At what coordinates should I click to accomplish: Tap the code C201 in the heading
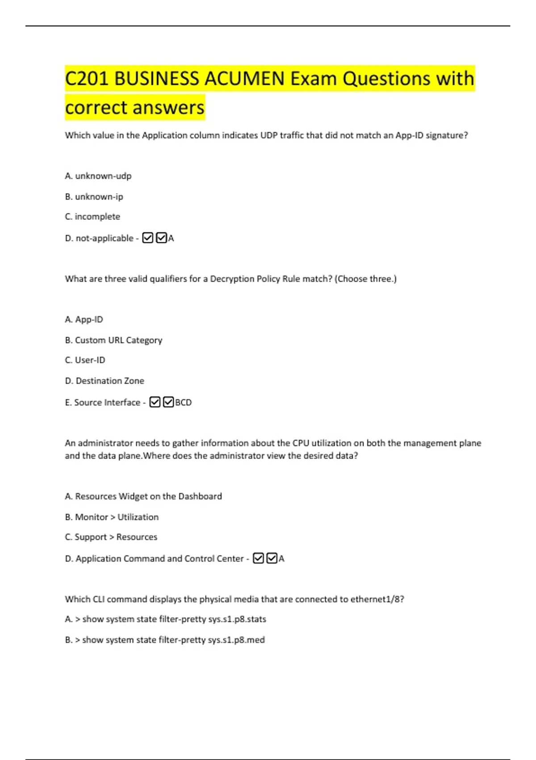click(x=87, y=79)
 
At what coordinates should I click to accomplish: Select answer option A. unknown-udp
click(x=98, y=176)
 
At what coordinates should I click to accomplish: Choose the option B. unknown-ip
click(x=94, y=197)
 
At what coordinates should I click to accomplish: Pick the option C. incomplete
click(x=92, y=217)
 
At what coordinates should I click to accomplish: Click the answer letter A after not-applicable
click(x=171, y=238)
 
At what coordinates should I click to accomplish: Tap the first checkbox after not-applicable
click(x=148, y=238)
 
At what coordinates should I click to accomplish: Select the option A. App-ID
click(x=84, y=320)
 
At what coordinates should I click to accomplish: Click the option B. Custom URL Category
click(x=113, y=340)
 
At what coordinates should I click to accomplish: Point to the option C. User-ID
click(x=85, y=360)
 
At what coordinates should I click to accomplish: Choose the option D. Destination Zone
click(x=105, y=381)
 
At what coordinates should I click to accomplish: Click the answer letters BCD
click(x=183, y=402)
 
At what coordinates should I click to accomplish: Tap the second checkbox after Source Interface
click(x=168, y=402)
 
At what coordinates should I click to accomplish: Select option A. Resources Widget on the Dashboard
click(x=143, y=496)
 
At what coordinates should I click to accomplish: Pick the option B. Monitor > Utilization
click(x=112, y=517)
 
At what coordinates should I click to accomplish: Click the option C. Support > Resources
click(x=111, y=537)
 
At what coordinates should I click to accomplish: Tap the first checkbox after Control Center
click(x=258, y=558)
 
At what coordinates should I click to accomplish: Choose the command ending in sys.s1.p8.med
click(x=165, y=640)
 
